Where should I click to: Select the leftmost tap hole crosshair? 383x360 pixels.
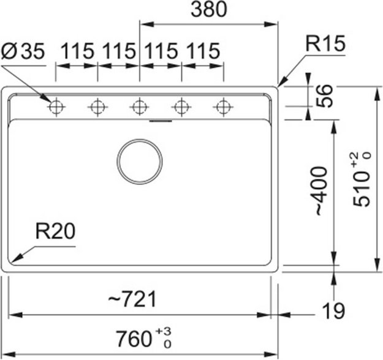[x=56, y=107]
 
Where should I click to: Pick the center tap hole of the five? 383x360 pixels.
[x=140, y=107]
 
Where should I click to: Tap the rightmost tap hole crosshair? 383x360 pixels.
[x=223, y=107]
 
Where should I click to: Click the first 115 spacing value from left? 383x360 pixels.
[x=77, y=52]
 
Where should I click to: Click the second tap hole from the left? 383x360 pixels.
[x=97, y=107]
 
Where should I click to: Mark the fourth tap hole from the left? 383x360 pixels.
[x=181, y=107]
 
